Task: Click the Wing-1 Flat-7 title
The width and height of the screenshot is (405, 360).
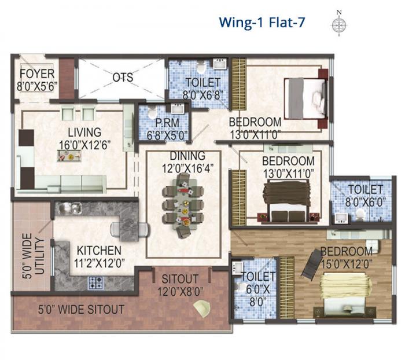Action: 262,23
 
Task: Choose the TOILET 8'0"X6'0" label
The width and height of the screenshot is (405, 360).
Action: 365,195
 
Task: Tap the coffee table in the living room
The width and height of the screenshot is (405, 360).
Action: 68,155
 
